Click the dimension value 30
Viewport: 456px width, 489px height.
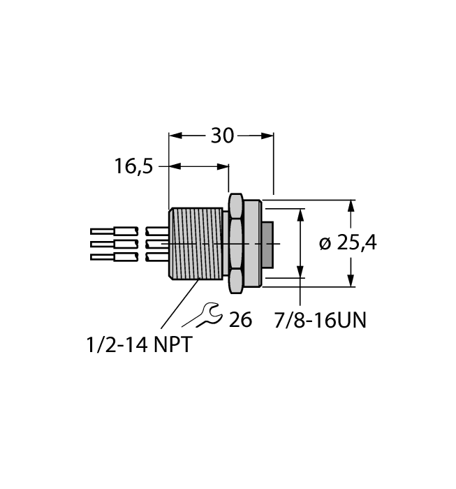click(x=222, y=136)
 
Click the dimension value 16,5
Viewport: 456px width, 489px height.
click(x=133, y=166)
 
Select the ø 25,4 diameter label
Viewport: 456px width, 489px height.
click(x=348, y=243)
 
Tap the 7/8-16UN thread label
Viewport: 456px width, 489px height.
click(x=320, y=320)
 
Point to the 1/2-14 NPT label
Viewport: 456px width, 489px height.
click(x=139, y=344)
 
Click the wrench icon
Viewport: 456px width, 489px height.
click(x=203, y=315)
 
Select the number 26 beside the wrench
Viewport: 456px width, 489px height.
click(x=240, y=320)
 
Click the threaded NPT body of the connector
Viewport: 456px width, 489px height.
click(x=196, y=243)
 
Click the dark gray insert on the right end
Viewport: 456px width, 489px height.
click(x=267, y=245)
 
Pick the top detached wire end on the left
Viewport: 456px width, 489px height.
click(x=114, y=231)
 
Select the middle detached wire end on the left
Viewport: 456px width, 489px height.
click(x=114, y=244)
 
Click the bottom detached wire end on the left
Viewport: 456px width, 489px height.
click(x=114, y=257)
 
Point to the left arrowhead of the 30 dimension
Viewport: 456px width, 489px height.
click(x=175, y=136)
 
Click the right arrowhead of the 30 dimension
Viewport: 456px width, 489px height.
click(x=267, y=136)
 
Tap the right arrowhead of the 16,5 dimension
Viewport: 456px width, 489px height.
click(x=223, y=166)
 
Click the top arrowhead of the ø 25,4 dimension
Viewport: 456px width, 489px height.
click(x=351, y=206)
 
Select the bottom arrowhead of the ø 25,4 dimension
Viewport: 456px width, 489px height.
click(x=351, y=280)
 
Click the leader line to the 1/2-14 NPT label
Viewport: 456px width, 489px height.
click(x=180, y=304)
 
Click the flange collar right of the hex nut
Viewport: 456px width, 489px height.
click(x=252, y=243)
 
